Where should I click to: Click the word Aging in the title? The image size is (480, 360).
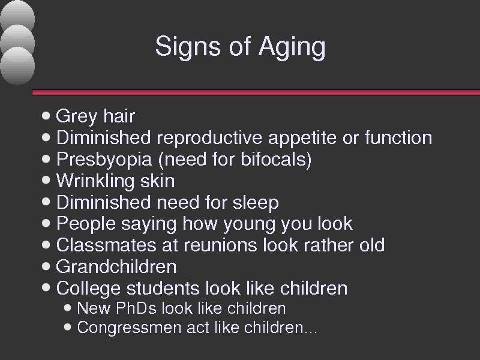click(x=292, y=47)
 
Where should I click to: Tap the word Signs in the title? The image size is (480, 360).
click(x=188, y=46)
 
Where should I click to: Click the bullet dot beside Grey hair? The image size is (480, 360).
click(x=46, y=116)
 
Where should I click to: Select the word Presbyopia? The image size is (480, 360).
click(x=104, y=160)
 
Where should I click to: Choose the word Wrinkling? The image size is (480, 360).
click(x=95, y=181)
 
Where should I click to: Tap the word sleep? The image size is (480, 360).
click(x=256, y=203)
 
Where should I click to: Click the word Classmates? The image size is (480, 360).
click(x=106, y=245)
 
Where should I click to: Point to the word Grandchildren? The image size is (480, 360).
click(x=116, y=266)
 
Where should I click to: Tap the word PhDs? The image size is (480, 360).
click(x=136, y=308)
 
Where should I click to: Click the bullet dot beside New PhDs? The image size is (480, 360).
click(x=68, y=308)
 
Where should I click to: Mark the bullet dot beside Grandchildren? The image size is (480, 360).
click(x=46, y=266)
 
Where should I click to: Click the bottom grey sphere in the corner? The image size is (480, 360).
click(x=17, y=66)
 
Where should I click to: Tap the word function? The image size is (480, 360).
click(x=398, y=137)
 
